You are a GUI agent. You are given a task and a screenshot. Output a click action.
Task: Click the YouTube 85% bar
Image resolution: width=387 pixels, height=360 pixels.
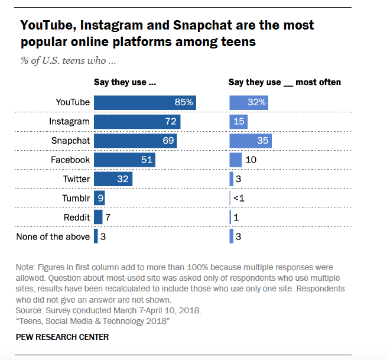pyautogui.click(x=145, y=102)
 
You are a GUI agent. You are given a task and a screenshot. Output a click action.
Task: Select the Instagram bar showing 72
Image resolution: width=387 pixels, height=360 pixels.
pyautogui.click(x=137, y=121)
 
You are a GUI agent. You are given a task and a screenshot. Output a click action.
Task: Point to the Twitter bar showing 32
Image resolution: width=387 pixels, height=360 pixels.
pyautogui.click(x=113, y=179)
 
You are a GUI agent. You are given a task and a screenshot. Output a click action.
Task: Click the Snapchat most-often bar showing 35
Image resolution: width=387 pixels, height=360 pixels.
pyautogui.click(x=251, y=141)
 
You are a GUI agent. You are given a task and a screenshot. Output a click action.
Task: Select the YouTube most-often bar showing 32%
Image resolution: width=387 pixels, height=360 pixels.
pyautogui.click(x=249, y=102)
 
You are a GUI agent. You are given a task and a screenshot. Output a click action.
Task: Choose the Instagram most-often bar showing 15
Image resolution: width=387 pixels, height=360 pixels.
pyautogui.click(x=239, y=121)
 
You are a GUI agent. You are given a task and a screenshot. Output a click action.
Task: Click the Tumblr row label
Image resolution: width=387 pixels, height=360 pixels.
pyautogui.click(x=76, y=198)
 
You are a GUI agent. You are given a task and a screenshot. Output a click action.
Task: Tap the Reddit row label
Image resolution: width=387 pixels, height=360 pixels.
pyautogui.click(x=78, y=218)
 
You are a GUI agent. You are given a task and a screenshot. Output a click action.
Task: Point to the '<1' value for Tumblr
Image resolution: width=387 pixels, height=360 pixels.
pyautogui.click(x=239, y=198)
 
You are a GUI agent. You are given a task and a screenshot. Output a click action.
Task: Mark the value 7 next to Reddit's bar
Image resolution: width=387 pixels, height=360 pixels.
pyautogui.click(x=108, y=218)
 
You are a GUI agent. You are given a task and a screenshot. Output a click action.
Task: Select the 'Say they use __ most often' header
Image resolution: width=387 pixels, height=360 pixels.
pyautogui.click(x=285, y=82)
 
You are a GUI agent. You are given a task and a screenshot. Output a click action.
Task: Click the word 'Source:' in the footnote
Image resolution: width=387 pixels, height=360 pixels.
pyautogui.click(x=31, y=310)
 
